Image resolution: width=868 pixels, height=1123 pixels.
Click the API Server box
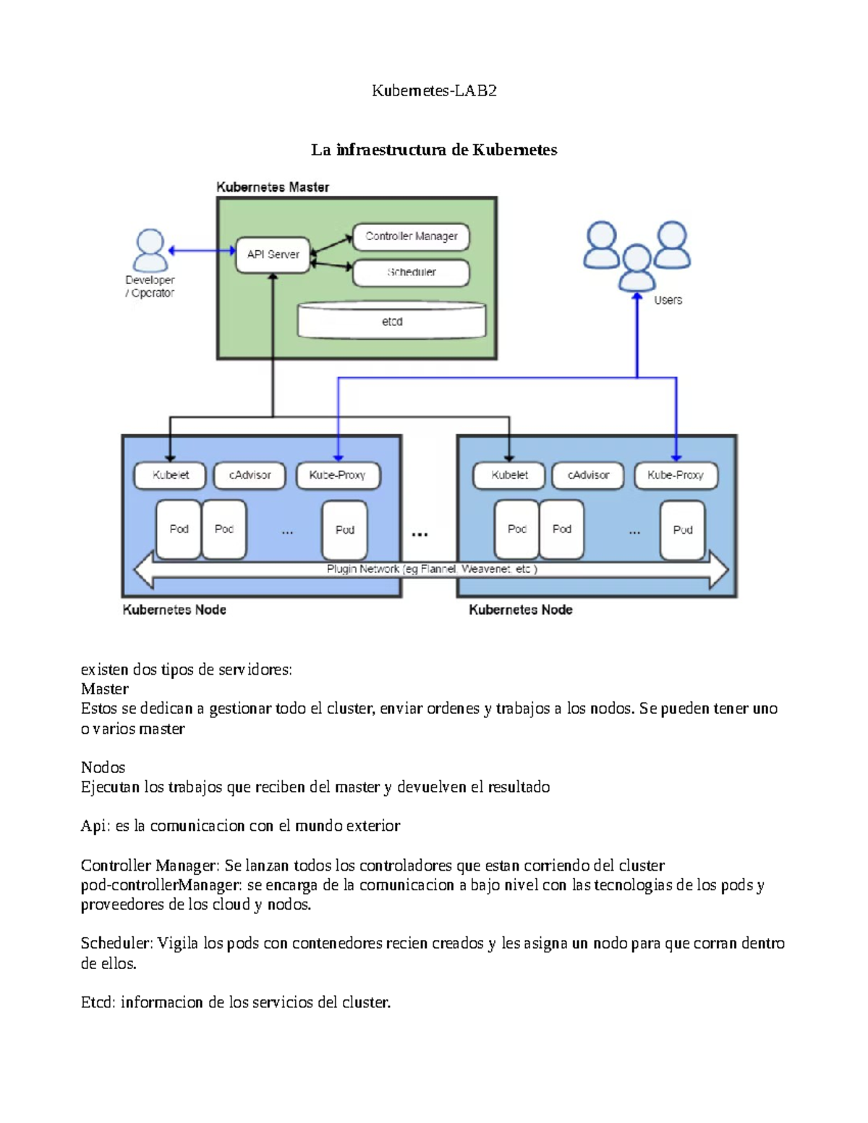273,255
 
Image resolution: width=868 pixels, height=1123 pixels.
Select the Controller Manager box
411,236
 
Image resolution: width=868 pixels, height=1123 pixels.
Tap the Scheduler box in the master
411,273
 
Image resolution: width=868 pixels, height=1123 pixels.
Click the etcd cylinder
392,322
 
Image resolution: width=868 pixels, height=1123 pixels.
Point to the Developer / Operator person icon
150,250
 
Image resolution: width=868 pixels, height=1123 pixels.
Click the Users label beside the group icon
668,300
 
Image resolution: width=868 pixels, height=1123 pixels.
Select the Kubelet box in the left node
171,475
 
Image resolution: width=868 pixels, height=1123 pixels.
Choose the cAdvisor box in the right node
588,475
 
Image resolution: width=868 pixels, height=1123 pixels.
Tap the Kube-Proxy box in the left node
338,475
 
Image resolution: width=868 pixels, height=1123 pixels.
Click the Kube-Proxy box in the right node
676,475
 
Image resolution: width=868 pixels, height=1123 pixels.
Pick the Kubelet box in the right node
509,475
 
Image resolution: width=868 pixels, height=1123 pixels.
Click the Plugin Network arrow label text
432,569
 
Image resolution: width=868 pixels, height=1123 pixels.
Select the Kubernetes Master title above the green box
273,187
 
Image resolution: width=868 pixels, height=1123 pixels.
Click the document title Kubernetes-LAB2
434,90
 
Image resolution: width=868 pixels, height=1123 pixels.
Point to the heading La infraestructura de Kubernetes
434,150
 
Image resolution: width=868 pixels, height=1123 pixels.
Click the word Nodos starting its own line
103,767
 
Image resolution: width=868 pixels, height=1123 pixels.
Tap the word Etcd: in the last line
98,1002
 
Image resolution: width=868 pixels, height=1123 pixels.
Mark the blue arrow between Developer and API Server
203,251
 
